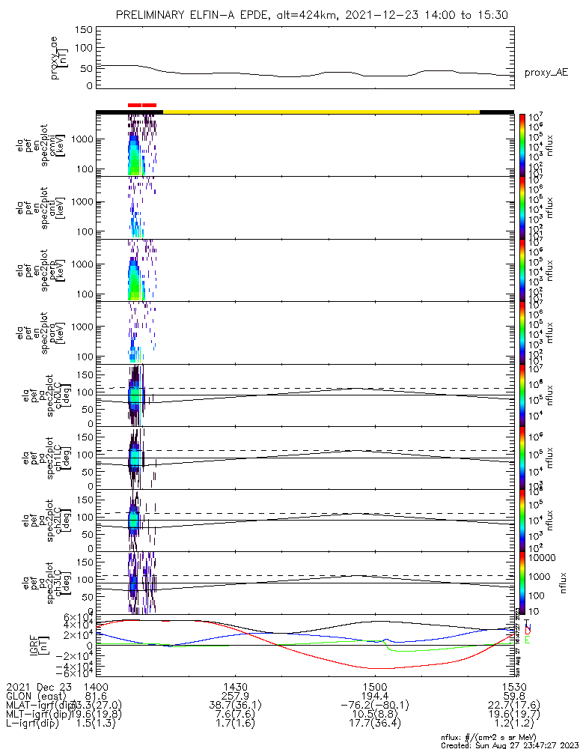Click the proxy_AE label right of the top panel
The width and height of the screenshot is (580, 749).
[x=546, y=72]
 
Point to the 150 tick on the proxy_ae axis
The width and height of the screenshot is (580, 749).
[x=83, y=29]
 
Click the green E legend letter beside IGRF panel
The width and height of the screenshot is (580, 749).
[x=528, y=640]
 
